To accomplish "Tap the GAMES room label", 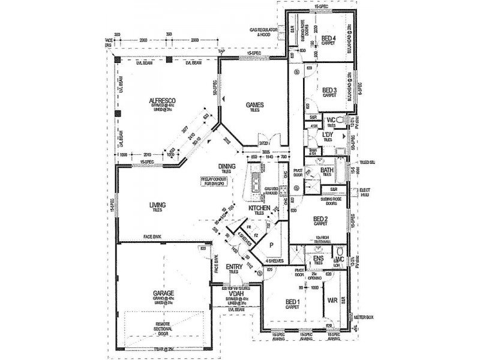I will pos(256,104).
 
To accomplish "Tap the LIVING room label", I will pos(158,205).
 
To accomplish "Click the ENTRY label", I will pos(233,266).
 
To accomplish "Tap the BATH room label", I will pos(327,170).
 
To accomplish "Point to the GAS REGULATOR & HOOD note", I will pos(265,32).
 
